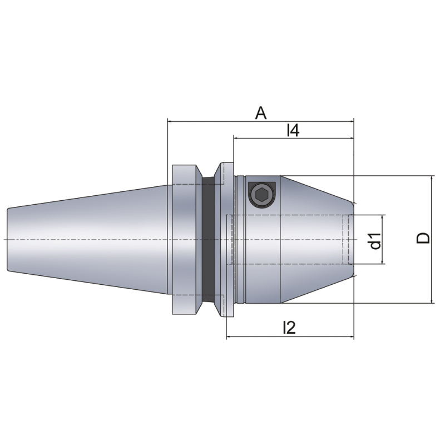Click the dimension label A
[260, 113]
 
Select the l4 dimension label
[293, 131]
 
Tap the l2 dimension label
[289, 328]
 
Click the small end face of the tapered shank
[8, 239]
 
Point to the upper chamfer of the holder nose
[317, 189]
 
